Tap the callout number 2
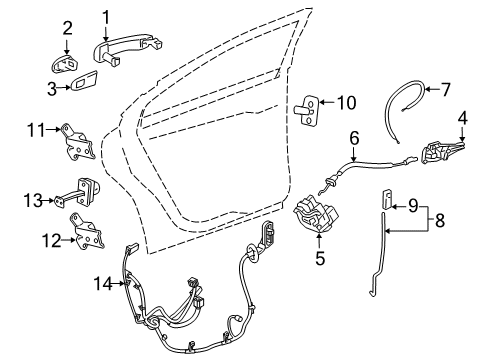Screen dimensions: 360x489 67,28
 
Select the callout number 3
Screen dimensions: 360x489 51,89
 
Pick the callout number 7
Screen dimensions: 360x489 445,90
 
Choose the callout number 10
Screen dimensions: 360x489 346,101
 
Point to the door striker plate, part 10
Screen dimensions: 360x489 313,104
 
